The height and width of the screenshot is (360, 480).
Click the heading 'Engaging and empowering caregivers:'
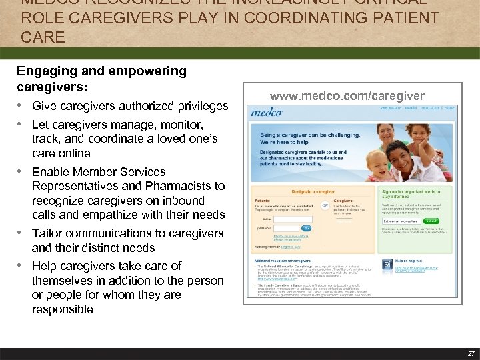tap(101, 79)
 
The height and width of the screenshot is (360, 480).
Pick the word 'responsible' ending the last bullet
tap(62, 309)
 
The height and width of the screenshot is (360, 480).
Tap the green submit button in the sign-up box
tap(432, 219)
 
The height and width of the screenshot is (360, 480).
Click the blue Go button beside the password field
tap(307, 227)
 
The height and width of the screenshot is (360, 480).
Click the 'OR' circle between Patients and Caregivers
tap(325, 205)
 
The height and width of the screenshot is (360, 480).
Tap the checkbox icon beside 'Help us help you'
tap(387, 266)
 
